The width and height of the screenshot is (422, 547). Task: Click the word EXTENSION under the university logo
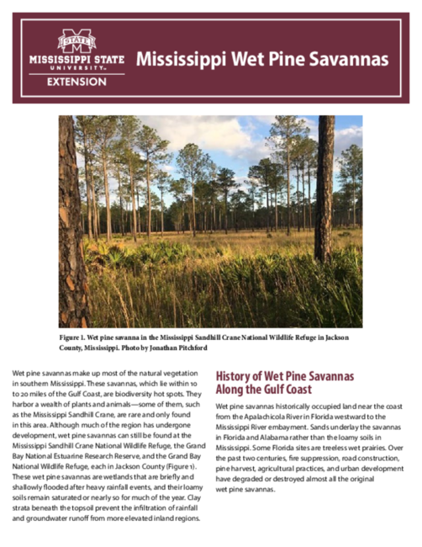pos(76,82)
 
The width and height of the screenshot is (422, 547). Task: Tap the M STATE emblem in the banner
pos(76,40)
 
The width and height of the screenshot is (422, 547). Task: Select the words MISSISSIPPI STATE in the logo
pos(76,61)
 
